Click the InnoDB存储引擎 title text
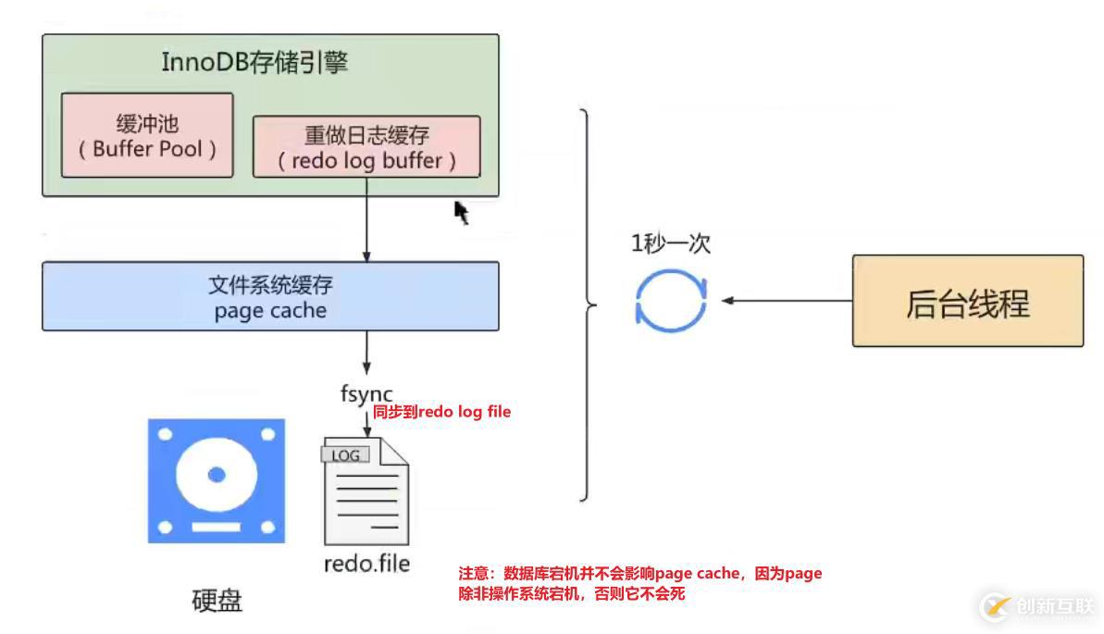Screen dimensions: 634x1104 tap(254, 63)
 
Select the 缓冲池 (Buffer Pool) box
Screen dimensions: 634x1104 tap(147, 135)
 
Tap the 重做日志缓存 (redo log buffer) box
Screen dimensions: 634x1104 tap(366, 146)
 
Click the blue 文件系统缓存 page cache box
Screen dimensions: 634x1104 tap(270, 296)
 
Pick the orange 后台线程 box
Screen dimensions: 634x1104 tap(967, 302)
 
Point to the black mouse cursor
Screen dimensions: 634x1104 tap(461, 212)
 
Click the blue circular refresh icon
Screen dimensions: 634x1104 tap(671, 301)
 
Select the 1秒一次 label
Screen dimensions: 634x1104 tap(671, 243)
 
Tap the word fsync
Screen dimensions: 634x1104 tap(366, 393)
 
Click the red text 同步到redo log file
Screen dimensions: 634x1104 tap(441, 412)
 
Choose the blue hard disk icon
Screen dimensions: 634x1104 tap(217, 480)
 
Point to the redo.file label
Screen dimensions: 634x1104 tap(366, 563)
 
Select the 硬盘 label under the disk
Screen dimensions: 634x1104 tap(217, 601)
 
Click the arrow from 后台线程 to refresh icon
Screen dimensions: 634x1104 tap(787, 301)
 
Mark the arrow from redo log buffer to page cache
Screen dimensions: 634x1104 tap(366, 219)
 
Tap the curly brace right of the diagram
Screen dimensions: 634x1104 tap(589, 305)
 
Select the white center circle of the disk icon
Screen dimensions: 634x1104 tap(217, 475)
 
